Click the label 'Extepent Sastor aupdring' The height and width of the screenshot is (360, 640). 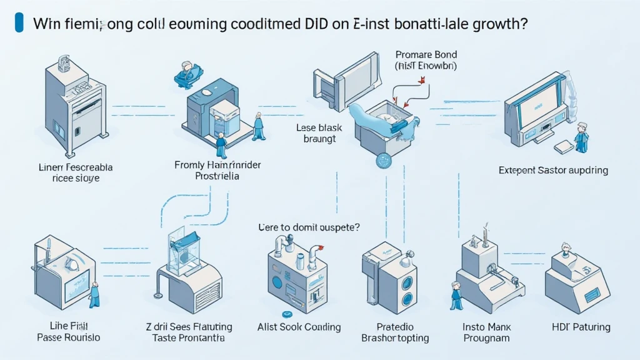click(554, 170)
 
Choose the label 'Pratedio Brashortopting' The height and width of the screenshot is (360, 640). click(395, 332)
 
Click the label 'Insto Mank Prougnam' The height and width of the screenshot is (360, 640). click(487, 332)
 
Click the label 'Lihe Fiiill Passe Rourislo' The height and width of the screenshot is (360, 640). click(65, 332)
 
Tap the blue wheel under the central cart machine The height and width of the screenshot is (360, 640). click(382, 161)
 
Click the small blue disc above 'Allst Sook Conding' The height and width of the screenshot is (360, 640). click(288, 314)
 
